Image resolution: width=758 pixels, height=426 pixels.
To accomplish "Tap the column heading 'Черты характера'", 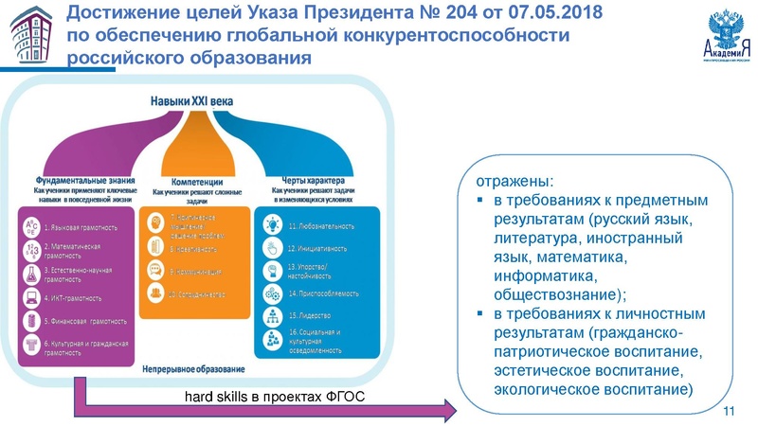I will [312, 180].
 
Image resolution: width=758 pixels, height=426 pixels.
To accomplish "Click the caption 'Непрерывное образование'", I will [193, 368].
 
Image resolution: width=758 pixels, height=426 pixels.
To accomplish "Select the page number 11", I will [729, 410].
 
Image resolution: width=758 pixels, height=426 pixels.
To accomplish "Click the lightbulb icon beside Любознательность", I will [271, 227].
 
